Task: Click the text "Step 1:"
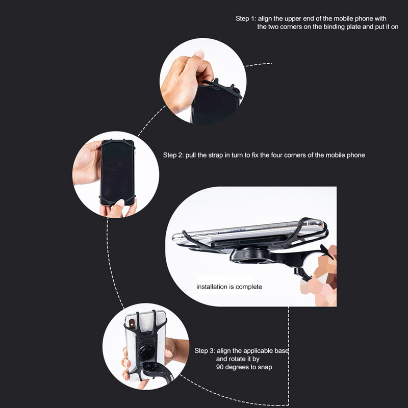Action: pos(246,19)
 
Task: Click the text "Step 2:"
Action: pos(173,155)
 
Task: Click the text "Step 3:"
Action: pos(205,351)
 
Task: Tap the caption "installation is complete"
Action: pos(229,287)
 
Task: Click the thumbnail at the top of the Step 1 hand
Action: pos(199,54)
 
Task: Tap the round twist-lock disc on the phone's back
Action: pos(146,352)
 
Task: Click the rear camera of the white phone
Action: pos(132,323)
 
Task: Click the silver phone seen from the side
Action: pos(248,233)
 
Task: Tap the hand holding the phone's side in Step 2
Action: pos(87,163)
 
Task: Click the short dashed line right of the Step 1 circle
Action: pos(259,65)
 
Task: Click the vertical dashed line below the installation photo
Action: pos(288,356)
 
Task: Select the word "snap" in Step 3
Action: pos(265,367)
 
